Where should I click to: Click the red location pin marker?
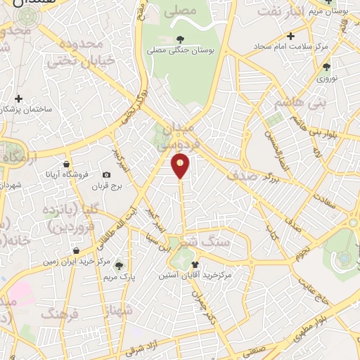point(181,166)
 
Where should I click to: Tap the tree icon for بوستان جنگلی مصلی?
point(181,39)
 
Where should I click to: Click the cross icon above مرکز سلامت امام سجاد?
point(290,36)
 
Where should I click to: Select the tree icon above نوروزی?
point(326,67)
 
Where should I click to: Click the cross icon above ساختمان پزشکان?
point(18,99)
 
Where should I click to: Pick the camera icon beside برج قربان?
point(106,174)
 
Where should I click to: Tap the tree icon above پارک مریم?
point(119,265)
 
